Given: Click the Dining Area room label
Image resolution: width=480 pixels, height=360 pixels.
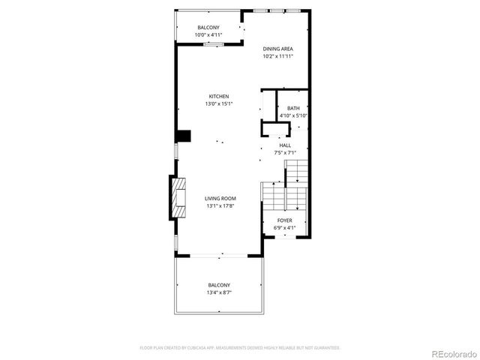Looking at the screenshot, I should click(277, 49).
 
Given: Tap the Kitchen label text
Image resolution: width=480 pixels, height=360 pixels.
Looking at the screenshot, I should click(219, 97).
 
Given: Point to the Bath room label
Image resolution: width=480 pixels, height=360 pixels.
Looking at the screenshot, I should click(293, 109).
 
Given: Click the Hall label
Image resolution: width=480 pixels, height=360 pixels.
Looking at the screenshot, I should click(286, 145).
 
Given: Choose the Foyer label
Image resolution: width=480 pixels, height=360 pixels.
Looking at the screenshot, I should click(285, 220).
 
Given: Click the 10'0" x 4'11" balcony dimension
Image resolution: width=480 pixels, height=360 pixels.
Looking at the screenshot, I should click(208, 35).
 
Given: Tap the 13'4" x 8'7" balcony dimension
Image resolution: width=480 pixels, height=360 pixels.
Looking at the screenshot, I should click(219, 292).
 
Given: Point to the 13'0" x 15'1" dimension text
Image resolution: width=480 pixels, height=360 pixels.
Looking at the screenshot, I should click(219, 104).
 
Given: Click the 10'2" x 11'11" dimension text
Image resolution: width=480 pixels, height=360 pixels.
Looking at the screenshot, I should click(277, 56).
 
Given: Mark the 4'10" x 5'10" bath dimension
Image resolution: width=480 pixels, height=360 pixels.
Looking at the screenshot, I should click(293, 115).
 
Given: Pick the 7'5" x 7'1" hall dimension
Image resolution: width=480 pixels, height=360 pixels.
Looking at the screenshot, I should click(286, 152).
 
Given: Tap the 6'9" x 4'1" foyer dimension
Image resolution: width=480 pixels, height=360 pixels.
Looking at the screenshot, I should click(285, 228).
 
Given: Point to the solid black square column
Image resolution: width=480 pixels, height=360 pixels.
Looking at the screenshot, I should click(183, 136).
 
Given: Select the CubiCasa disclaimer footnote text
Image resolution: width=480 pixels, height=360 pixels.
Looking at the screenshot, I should click(240, 348).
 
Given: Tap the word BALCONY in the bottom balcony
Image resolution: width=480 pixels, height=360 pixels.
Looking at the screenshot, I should click(219, 285).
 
